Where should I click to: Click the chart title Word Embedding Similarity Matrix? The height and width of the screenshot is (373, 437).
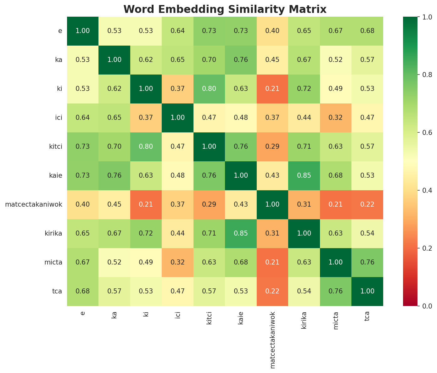coord(225,9)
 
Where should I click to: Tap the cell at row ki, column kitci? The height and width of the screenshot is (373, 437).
coord(209,89)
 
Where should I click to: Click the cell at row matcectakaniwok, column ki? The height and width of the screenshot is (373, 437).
coord(146,204)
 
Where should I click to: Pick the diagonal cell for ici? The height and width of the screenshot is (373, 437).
coord(177,118)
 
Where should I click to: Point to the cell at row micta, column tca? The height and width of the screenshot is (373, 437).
coord(367,262)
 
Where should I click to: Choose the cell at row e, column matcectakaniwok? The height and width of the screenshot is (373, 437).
coord(272,31)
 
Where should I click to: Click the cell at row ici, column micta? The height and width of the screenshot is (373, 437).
coord(336,118)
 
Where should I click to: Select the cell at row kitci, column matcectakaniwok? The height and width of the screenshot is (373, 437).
coord(272,147)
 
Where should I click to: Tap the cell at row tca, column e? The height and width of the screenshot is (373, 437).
coord(83,291)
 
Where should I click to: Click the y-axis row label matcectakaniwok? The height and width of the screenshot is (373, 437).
coord(34,204)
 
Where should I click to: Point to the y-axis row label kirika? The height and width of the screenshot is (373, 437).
coord(53,233)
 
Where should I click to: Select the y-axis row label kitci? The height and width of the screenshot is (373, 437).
coord(55,147)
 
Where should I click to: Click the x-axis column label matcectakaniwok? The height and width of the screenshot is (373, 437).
coord(272,340)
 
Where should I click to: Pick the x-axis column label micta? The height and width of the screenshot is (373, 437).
coord(336,320)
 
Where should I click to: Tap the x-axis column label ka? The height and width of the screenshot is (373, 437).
coord(115,315)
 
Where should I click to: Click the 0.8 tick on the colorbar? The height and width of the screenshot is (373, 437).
coord(422,75)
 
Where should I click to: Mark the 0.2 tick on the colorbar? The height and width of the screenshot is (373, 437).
coord(422,248)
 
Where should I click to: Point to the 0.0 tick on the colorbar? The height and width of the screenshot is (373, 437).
coord(422,306)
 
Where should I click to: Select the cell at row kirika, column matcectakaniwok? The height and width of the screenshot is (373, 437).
coord(272,233)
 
